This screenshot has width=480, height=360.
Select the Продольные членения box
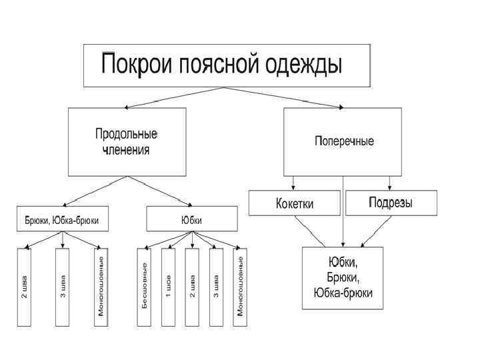pos(127,142)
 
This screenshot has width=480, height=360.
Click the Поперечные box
pos(343,142)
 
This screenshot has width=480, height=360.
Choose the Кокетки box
pos(295,203)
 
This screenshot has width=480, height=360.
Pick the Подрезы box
pos(391,203)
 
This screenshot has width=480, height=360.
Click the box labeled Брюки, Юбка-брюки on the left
pos(62,219)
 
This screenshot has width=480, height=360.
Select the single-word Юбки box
pos(191,219)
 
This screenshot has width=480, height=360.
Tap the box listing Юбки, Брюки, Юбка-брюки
pos(343,277)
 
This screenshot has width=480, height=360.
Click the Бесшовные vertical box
pos(144,287)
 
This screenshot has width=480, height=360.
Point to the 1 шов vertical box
pos(168,287)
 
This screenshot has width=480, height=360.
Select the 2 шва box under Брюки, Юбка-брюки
pos(25,287)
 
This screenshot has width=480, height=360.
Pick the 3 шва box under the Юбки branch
pos(216,287)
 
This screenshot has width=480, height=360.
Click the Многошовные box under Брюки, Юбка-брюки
pos(101,287)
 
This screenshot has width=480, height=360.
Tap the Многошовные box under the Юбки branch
pos(240,287)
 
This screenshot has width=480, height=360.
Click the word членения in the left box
pos(126,150)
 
